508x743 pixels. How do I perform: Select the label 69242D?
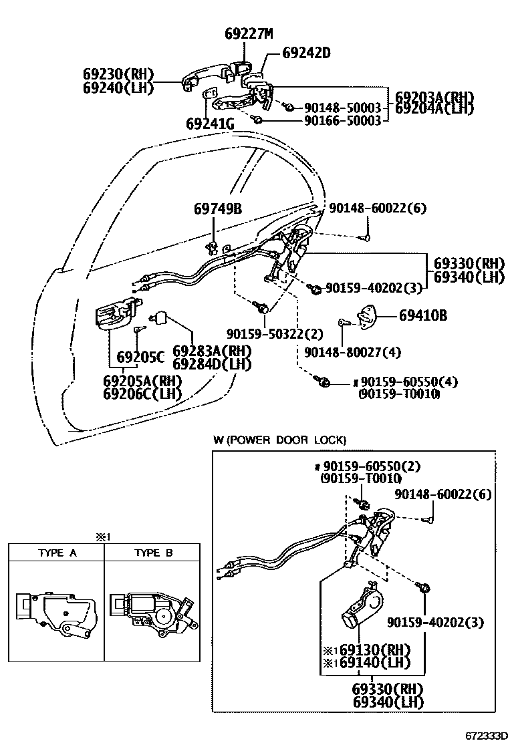tap(306, 52)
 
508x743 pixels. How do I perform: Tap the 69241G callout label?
tap(210, 124)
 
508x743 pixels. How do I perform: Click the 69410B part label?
tap(423, 315)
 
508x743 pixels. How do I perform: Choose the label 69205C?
tap(140, 357)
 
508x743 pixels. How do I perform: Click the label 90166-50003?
tap(342, 120)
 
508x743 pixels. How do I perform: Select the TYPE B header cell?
tap(153, 553)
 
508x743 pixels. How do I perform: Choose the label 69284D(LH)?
tap(212, 364)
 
